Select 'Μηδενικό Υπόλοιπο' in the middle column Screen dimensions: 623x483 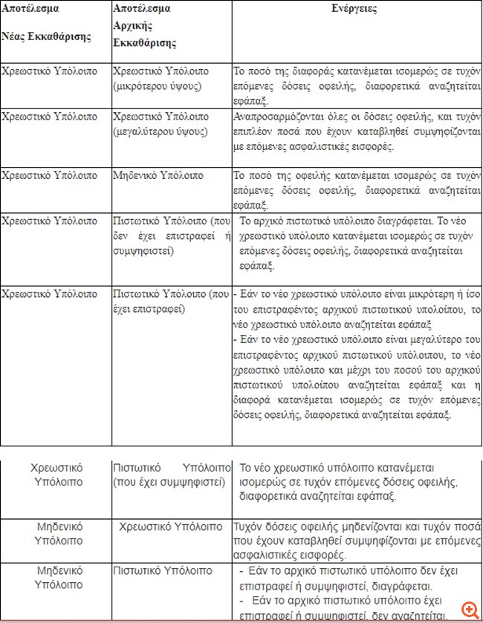[158, 176]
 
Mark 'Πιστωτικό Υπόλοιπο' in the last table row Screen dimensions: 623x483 [163, 571]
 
